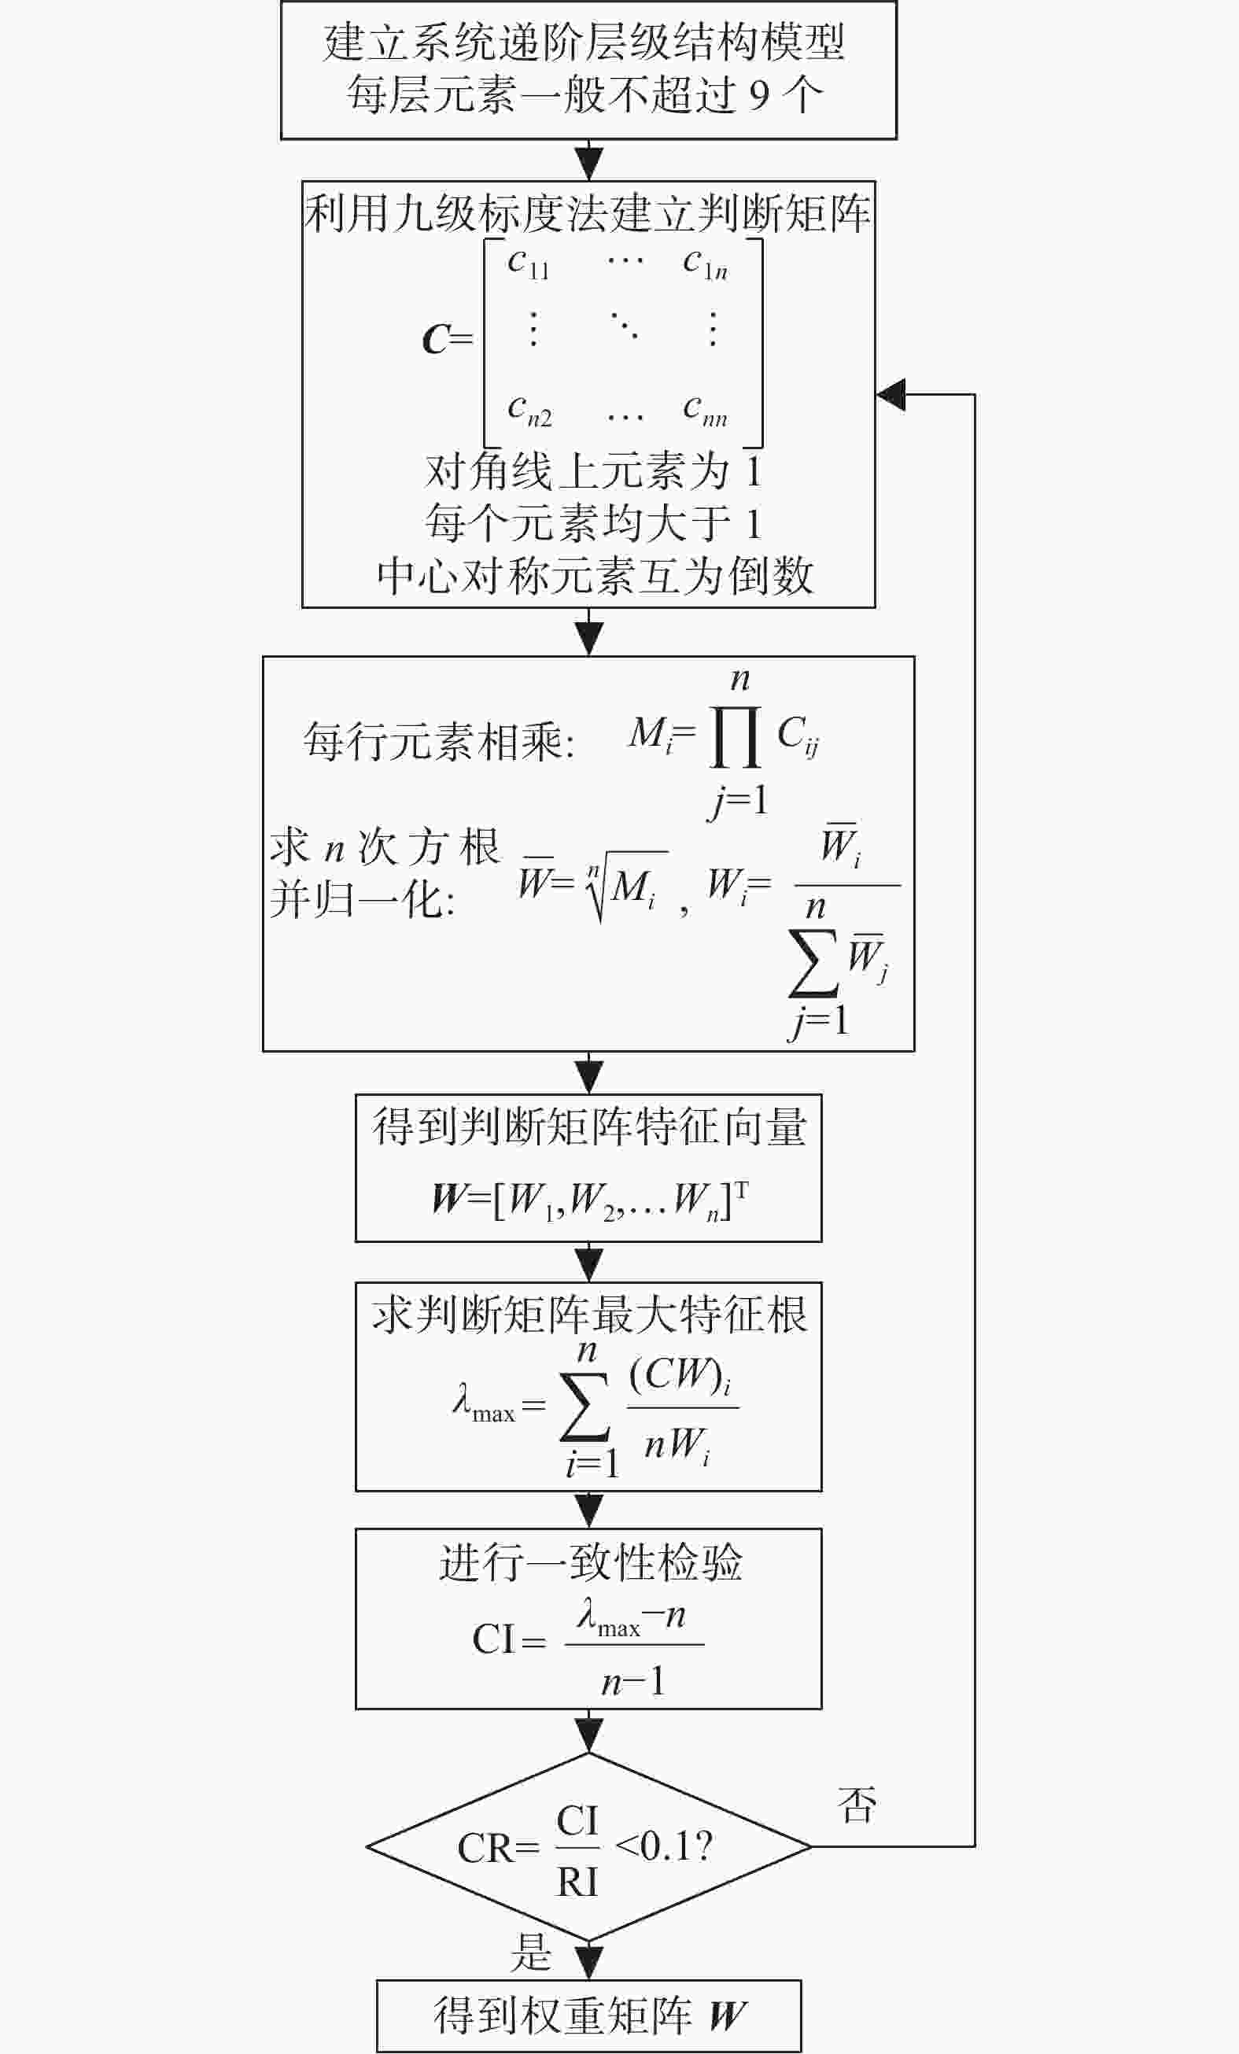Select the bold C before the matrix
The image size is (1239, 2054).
(436, 339)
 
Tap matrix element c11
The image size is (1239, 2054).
(529, 264)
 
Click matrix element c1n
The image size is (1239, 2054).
(706, 264)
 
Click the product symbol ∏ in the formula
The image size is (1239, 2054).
(735, 737)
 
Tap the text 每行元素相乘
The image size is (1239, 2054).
(431, 740)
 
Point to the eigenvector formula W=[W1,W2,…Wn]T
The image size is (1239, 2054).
(589, 1200)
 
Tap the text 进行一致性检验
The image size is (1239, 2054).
(590, 1562)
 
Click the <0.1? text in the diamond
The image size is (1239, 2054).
(664, 1846)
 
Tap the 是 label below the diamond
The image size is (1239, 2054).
(531, 1952)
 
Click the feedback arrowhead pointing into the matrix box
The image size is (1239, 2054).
(891, 394)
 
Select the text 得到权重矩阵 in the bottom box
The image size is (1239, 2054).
(562, 2015)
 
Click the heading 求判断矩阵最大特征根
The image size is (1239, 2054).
(589, 1315)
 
